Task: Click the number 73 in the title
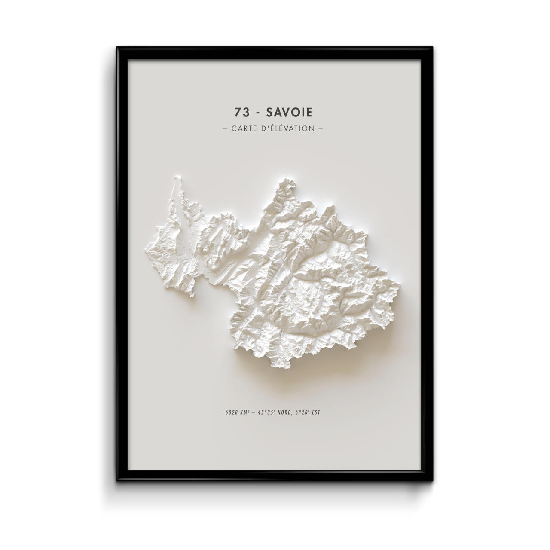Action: (x=241, y=112)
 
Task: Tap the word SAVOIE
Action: (x=290, y=112)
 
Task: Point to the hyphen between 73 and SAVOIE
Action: (x=257, y=113)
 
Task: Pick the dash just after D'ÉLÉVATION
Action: (x=320, y=128)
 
